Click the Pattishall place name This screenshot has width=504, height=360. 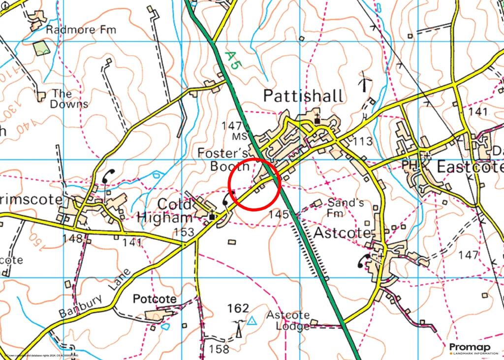click(303, 96)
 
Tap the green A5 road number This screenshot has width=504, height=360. click(231, 62)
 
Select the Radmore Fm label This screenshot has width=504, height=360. click(81, 30)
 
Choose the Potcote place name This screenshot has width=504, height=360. click(154, 299)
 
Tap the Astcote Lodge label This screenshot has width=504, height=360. click(288, 320)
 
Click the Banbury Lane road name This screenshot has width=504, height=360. click(96, 294)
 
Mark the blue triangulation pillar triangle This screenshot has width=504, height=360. click(252, 322)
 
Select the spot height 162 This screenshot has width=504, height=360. click(238, 308)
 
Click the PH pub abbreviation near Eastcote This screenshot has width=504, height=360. click(409, 164)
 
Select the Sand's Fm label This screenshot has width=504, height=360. click(339, 207)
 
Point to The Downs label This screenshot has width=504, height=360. click(68, 98)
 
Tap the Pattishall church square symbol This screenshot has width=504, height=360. click(317, 120)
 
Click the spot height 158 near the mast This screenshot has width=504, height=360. click(219, 349)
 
